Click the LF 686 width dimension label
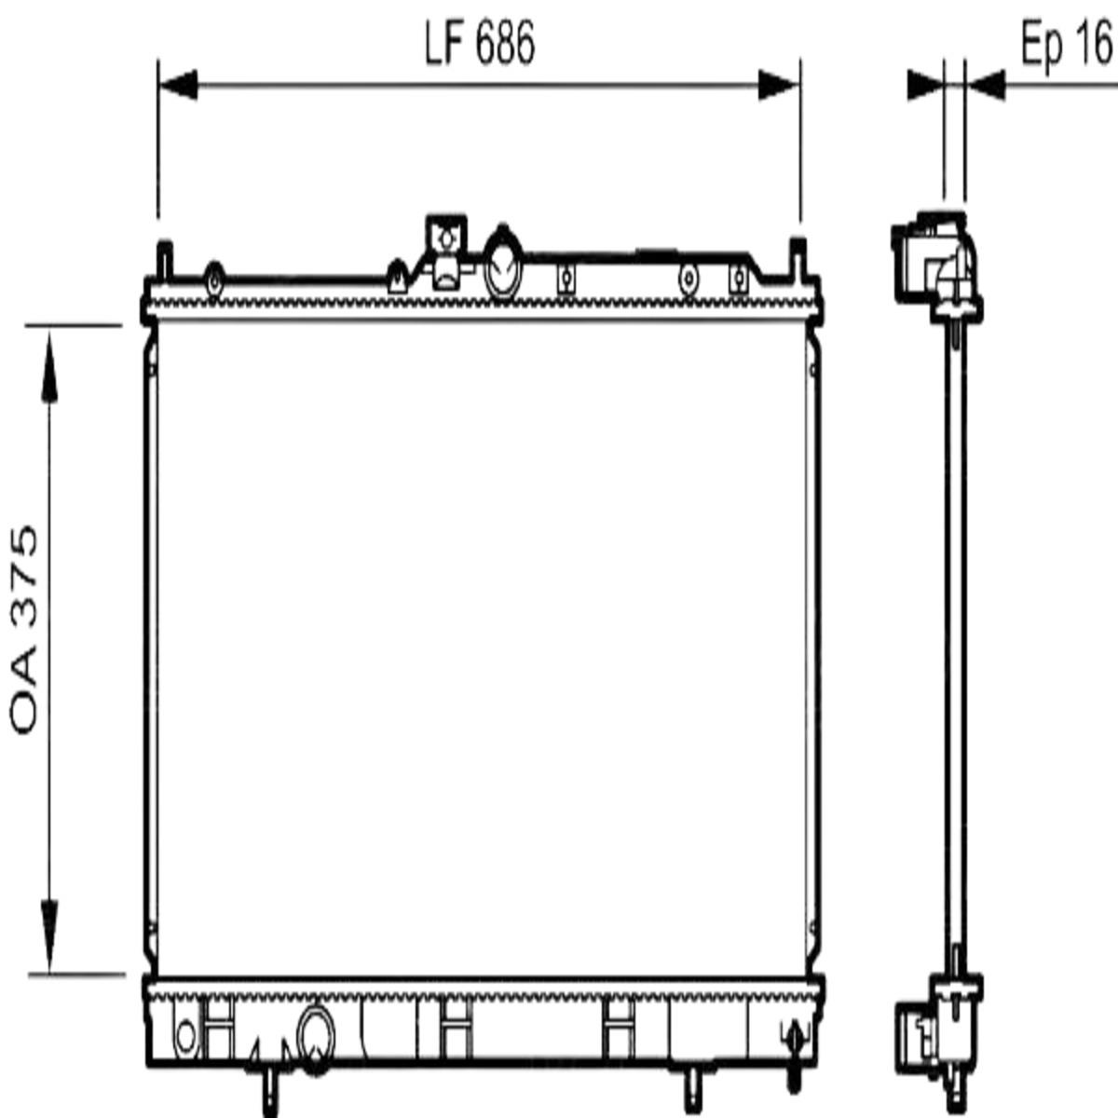[479, 44]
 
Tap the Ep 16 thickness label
[1067, 45]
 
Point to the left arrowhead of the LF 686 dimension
[178, 86]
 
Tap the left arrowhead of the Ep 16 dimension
[925, 86]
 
